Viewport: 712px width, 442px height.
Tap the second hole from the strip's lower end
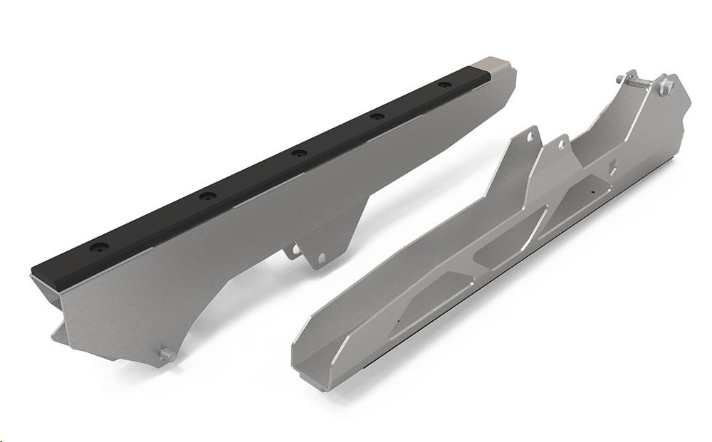206,196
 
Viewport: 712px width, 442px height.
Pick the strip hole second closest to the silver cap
377,115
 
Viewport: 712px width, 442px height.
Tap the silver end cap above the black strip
498,66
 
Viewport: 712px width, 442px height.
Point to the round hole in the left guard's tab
321,258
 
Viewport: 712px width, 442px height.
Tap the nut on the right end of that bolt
666,87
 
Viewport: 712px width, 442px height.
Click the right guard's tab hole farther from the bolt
530,138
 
